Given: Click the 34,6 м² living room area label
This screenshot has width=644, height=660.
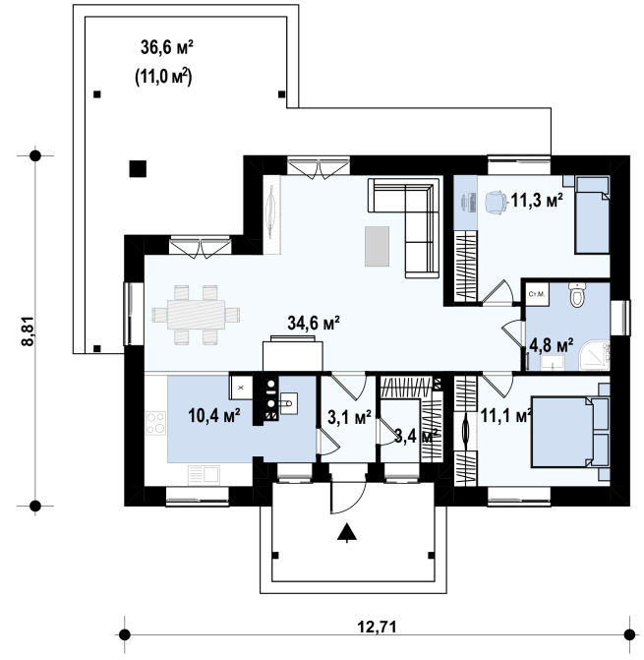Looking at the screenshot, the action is click(314, 324).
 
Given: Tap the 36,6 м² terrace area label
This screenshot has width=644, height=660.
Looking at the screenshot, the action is click(166, 47).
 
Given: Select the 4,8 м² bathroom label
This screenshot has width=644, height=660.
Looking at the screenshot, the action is click(551, 346).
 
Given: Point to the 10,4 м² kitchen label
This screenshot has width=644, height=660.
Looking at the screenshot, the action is click(214, 416).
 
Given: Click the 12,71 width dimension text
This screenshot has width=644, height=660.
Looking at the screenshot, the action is click(377, 628).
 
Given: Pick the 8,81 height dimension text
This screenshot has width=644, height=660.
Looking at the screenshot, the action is click(27, 330).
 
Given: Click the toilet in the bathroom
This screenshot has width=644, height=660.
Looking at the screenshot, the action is click(578, 294).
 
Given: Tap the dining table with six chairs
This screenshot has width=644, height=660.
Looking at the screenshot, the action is click(196, 315).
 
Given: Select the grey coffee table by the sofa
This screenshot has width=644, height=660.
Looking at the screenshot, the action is click(377, 246).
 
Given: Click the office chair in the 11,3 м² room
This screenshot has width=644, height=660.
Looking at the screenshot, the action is click(496, 203).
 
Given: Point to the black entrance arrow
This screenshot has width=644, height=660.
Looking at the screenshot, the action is click(347, 532).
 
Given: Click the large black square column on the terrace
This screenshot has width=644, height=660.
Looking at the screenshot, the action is click(138, 169).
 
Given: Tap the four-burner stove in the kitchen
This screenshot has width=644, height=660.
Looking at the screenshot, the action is click(155, 423).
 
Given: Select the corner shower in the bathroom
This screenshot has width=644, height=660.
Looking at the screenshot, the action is click(594, 356).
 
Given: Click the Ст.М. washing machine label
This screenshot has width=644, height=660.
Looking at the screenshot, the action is click(537, 294).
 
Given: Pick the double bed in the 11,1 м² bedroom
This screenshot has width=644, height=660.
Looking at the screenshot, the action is click(570, 432).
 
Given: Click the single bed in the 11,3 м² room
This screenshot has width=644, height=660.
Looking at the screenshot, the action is click(592, 215).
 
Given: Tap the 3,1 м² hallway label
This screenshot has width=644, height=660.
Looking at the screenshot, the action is click(349, 417).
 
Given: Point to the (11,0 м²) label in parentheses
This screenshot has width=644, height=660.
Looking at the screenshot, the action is click(163, 78).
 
